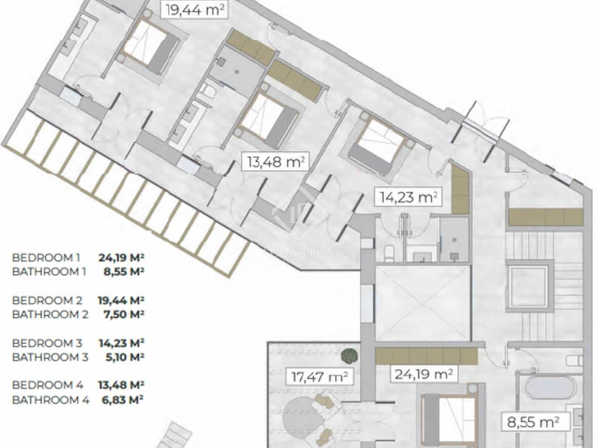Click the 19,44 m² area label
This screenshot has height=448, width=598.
pyautogui.click(x=194, y=9)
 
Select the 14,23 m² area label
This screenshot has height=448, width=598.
pyautogui.click(x=409, y=197)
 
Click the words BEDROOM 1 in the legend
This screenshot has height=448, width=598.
pyautogui.click(x=46, y=258)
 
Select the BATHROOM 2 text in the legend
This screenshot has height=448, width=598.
pyautogui.click(x=50, y=314)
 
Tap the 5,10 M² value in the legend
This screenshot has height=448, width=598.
pyautogui.click(x=123, y=357)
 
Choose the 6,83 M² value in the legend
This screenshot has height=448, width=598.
pyautogui.click(x=123, y=400)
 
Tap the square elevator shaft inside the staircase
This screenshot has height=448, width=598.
pyautogui.click(x=529, y=286)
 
